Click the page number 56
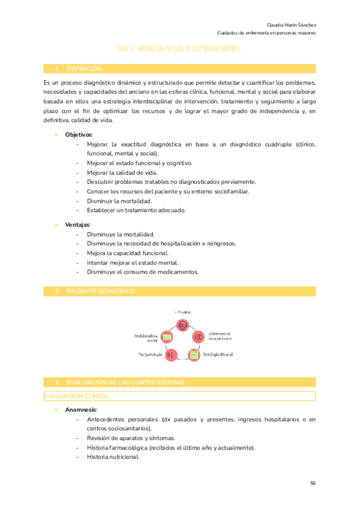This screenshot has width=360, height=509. click(x=313, y=483)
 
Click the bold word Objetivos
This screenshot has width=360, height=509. click(x=79, y=134)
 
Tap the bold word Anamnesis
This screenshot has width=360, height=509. click(x=81, y=409)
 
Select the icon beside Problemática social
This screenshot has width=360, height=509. click(x=167, y=338)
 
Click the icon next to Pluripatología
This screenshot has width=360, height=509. click(x=170, y=355)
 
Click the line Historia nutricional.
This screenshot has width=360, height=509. click(x=113, y=457)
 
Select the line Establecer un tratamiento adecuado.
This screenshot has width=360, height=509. click(x=136, y=210)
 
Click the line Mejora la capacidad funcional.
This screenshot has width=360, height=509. click(x=123, y=253)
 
